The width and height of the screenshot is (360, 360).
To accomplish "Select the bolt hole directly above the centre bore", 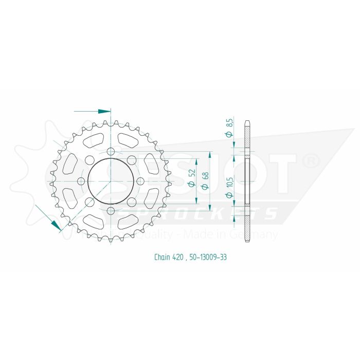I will point(111,151).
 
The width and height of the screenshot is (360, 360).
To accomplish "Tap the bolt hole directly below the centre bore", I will point(111,211).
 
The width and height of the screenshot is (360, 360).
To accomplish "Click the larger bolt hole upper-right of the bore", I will point(132,159).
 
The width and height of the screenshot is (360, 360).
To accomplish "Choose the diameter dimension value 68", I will point(206,180).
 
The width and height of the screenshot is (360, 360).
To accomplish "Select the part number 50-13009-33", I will point(208,257).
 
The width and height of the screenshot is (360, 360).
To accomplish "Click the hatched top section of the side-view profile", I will point(248,139).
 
